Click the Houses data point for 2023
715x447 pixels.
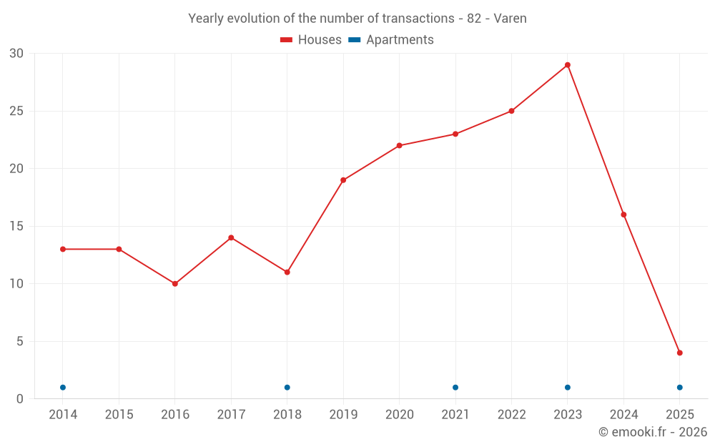click(568, 65)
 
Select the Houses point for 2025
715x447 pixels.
click(680, 353)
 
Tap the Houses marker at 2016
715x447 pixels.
click(175, 284)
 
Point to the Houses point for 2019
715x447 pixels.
click(343, 180)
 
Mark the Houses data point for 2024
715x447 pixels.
click(623, 215)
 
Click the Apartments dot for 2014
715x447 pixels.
click(63, 388)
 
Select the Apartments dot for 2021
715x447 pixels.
click(455, 388)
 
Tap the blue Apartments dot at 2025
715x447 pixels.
click(680, 388)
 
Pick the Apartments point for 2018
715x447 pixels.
click(287, 388)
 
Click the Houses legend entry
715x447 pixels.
click(311, 40)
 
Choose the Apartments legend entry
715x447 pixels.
click(391, 40)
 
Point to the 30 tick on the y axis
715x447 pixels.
click(16, 54)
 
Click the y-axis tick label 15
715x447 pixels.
click(16, 227)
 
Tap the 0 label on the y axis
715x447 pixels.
click(20, 399)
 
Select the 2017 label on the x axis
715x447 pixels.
click(231, 415)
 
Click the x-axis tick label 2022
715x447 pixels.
click(511, 415)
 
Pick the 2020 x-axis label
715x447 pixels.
click(399, 415)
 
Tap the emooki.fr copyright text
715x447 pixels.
click(652, 432)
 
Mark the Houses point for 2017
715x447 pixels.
click(231, 237)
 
